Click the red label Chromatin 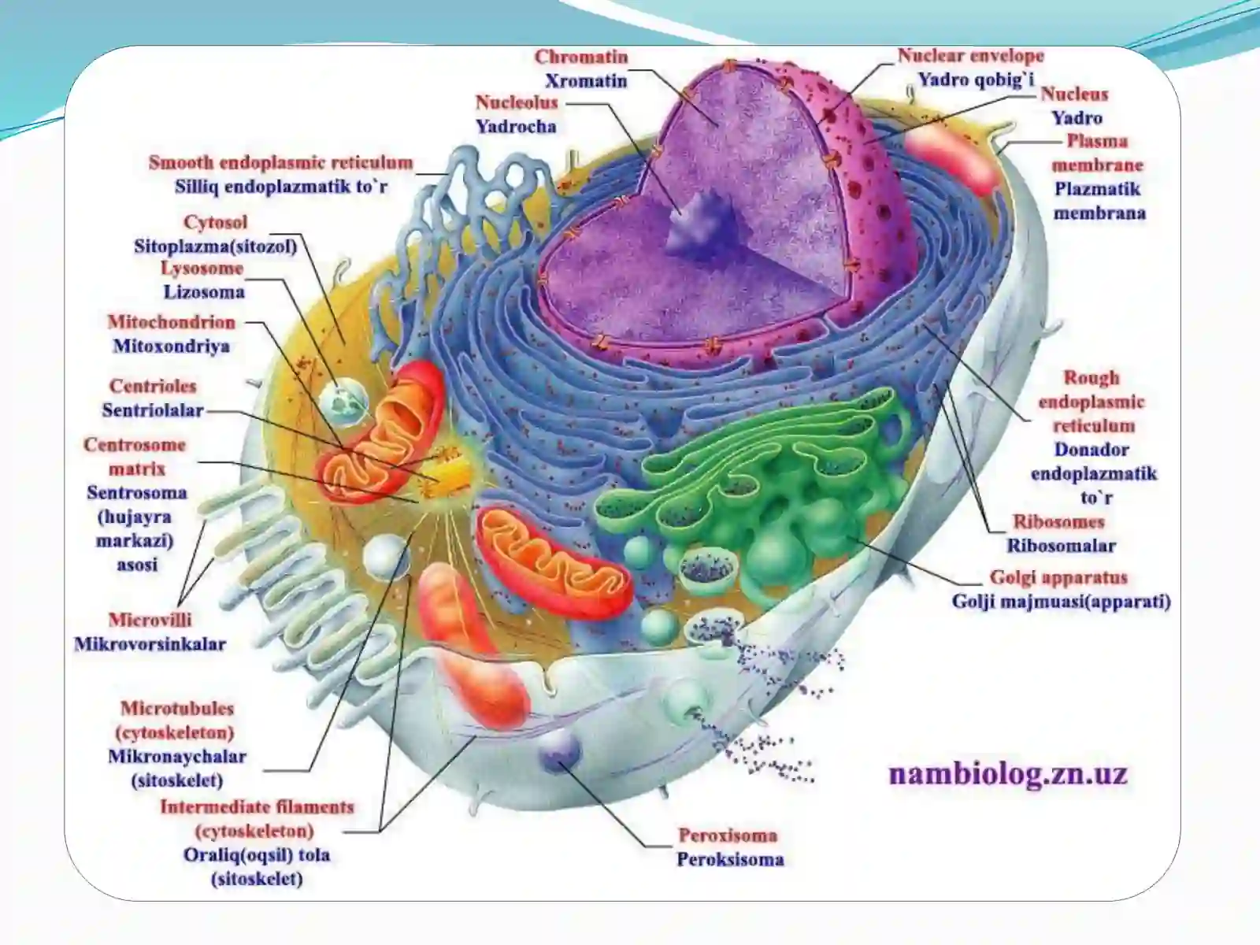click(581, 57)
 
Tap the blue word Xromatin click(586, 81)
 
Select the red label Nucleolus click(517, 102)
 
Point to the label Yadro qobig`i click(976, 80)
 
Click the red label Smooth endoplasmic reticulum click(280, 163)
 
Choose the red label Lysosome click(202, 268)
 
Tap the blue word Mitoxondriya click(171, 346)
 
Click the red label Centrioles click(153, 386)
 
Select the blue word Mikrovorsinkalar click(150, 643)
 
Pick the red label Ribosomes click(1058, 521)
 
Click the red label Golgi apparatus click(1058, 577)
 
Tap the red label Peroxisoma click(728, 836)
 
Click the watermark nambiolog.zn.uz click(1008, 773)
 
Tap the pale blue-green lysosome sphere click(343, 402)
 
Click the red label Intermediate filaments click(258, 807)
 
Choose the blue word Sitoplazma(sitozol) click(216, 246)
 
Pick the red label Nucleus click(1075, 94)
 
